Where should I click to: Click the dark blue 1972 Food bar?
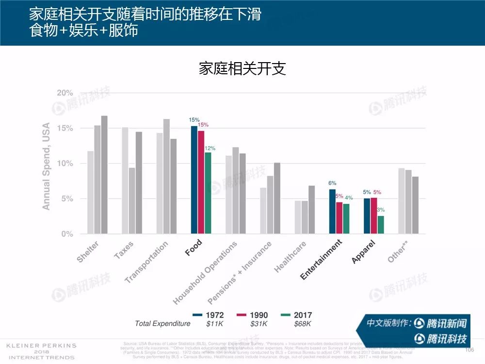pyautogui.click(x=194, y=180)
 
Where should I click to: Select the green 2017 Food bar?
pyautogui.click(x=208, y=193)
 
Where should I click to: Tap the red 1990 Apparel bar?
pyautogui.click(x=374, y=215)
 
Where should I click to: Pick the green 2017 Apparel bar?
pyautogui.click(x=381, y=225)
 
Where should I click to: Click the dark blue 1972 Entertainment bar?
pyautogui.click(x=332, y=212)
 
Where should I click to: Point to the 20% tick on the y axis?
pyautogui.click(x=65, y=93)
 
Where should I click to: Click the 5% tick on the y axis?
pyautogui.click(x=66, y=199)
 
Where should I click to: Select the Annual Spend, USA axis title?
pyautogui.click(x=46, y=166)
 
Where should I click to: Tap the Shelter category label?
pyautogui.click(x=88, y=252)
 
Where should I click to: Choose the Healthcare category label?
pyautogui.click(x=290, y=257)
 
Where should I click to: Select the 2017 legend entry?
pyautogui.click(x=297, y=315)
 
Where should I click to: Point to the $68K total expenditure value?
pyautogui.click(x=303, y=324)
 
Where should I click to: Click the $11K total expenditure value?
pyautogui.click(x=214, y=324)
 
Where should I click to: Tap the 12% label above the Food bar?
pyautogui.click(x=210, y=149)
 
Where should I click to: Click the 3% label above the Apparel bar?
pyautogui.click(x=381, y=210)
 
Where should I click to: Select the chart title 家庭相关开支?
pyautogui.click(x=242, y=68)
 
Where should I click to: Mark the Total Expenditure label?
pyautogui.click(x=162, y=324)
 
